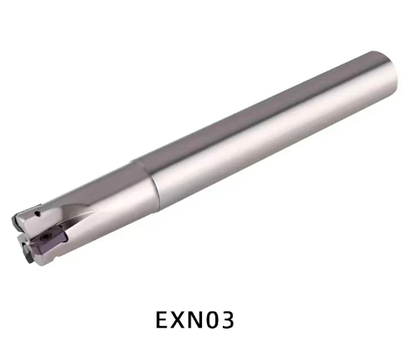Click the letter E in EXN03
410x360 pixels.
pyautogui.click(x=163, y=318)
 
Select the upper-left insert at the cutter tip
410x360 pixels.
pyautogui.click(x=18, y=218)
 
